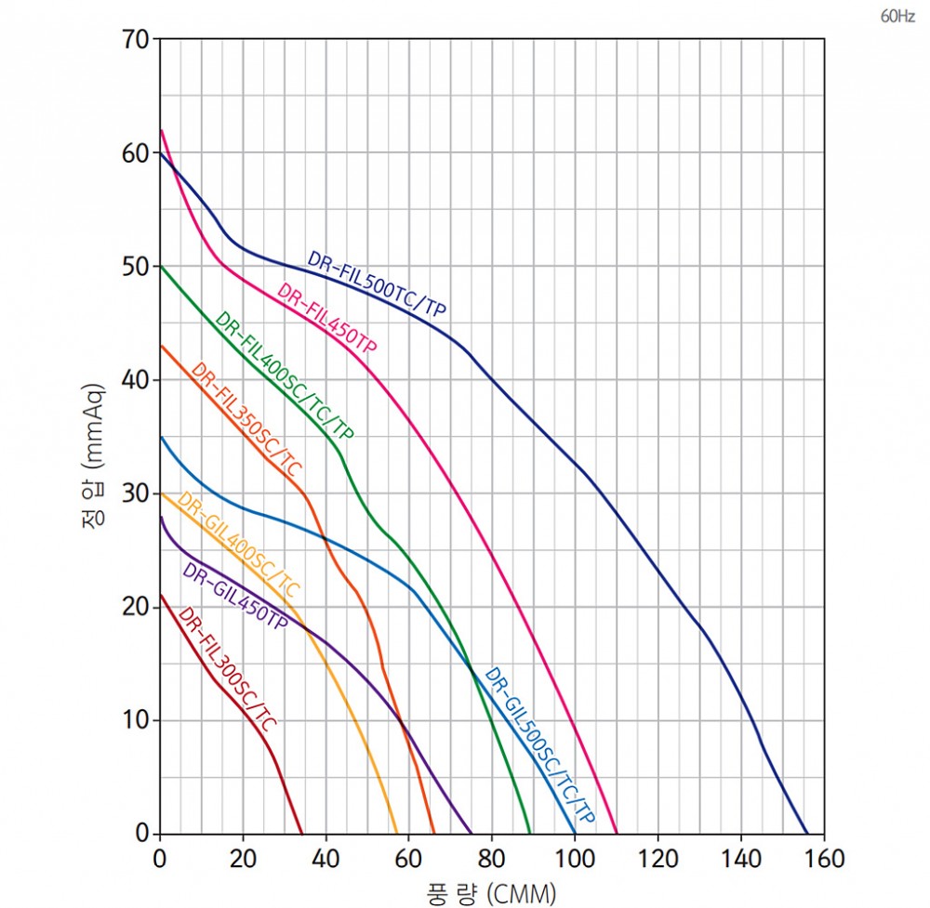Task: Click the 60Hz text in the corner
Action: [x=897, y=17]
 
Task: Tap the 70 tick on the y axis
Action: [x=136, y=40]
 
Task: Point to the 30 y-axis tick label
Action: [x=136, y=493]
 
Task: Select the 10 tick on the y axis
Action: [x=136, y=720]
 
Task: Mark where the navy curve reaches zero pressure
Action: [x=807, y=834]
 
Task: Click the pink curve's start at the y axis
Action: [x=161, y=130]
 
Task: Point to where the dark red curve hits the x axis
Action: [x=302, y=834]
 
